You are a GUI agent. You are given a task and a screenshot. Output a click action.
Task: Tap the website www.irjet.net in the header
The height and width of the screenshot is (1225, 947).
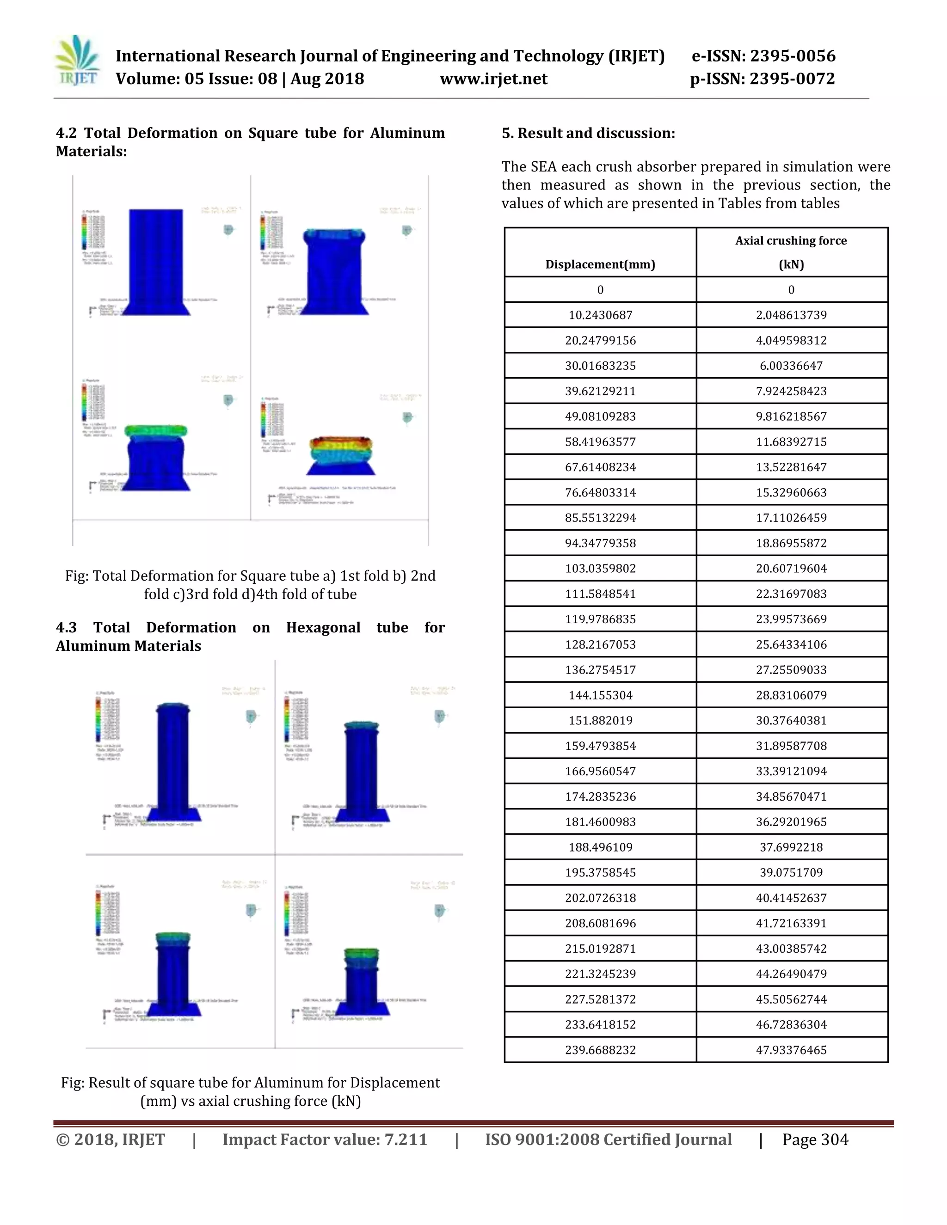(494, 79)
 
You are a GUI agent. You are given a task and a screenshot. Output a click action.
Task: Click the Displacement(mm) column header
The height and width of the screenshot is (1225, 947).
(600, 264)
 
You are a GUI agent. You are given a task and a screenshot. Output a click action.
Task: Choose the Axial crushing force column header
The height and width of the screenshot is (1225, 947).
(791, 241)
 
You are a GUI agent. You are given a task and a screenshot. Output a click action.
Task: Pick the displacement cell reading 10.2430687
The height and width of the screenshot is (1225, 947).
(600, 315)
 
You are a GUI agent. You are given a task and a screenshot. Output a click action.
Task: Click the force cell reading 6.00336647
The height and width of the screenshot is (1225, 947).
(791, 366)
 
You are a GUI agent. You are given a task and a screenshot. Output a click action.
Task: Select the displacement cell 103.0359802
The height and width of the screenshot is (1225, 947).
(600, 569)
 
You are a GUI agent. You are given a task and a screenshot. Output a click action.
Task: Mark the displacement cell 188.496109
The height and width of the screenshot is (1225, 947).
(600, 847)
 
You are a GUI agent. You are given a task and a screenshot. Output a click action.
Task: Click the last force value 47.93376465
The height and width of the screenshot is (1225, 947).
(791, 1050)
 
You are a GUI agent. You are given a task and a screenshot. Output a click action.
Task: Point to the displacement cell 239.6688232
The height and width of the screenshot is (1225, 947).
(600, 1050)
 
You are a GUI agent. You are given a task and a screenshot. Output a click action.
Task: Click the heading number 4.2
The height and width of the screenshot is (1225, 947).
(66, 133)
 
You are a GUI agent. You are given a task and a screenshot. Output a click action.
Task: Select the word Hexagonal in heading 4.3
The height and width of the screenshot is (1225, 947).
(323, 628)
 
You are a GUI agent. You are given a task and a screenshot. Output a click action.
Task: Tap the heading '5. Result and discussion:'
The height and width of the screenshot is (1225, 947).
(588, 133)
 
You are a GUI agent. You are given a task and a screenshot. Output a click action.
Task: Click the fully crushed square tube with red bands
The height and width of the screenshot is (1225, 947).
(340, 454)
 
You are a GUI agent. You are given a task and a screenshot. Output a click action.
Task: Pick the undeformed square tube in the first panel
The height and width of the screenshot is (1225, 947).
(156, 261)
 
